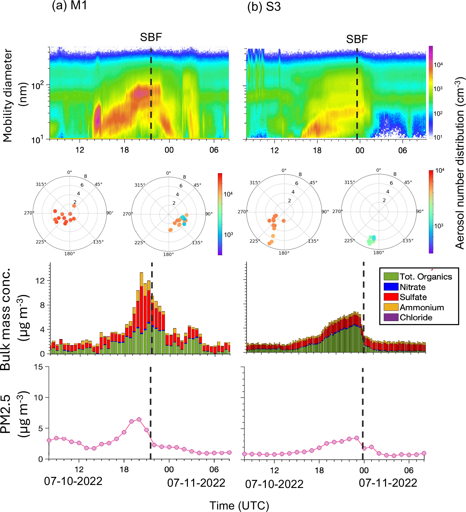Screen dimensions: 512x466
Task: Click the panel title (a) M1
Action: pos(69,6)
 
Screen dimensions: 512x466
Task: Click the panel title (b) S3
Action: pos(264,7)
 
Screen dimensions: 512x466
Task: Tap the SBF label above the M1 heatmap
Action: pos(151,37)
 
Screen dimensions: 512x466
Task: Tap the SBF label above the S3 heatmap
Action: pos(357,39)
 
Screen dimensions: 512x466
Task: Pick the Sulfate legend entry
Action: pos(413,297)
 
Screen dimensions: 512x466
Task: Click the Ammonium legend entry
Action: pos(422,308)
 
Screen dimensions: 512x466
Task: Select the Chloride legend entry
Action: pos(416,318)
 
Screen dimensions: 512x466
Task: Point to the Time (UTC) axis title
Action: pos(239,506)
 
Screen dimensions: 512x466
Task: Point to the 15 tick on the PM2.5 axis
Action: pos(38,367)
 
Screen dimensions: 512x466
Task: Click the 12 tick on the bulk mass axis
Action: pos(40,281)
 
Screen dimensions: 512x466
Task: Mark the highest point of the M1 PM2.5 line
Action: pos(139,419)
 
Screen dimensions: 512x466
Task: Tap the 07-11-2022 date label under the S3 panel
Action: pos(388,483)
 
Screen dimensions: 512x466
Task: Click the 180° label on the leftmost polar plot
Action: pos(69,254)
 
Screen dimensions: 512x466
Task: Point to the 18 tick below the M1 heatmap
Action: pos(124,150)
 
